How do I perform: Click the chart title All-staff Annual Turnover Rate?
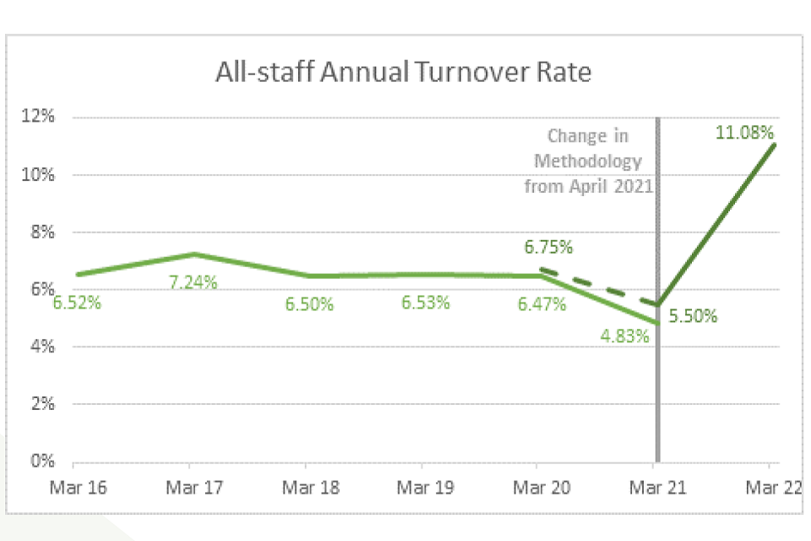click(404, 73)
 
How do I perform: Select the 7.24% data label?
click(193, 282)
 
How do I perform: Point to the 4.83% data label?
click(625, 336)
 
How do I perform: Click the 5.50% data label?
click(693, 317)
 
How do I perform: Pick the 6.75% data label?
click(549, 248)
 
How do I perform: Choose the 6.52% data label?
click(77, 302)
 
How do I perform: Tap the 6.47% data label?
click(542, 304)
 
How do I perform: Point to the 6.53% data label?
click(425, 302)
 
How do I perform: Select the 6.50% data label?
click(309, 304)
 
